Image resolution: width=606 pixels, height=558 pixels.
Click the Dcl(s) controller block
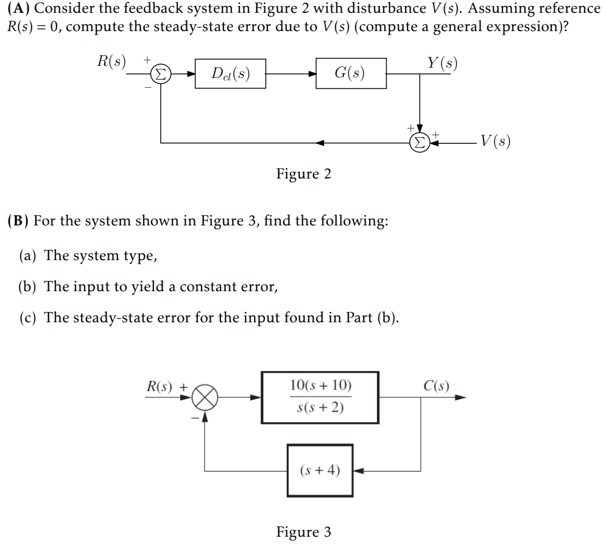pyautogui.click(x=230, y=74)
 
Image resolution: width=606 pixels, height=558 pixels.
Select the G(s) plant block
pyautogui.click(x=351, y=74)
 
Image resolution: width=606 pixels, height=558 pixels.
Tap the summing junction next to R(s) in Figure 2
pyautogui.click(x=160, y=74)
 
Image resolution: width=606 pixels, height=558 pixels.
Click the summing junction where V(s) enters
pyautogui.click(x=420, y=143)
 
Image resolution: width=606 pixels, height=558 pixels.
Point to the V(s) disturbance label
pyautogui.click(x=496, y=141)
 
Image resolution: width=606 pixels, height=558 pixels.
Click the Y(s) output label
pyautogui.click(x=442, y=63)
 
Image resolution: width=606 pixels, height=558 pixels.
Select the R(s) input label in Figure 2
pyautogui.click(x=111, y=62)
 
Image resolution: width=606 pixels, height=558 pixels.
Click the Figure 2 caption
pyautogui.click(x=303, y=174)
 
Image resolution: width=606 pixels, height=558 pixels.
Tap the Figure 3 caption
pyautogui.click(x=303, y=532)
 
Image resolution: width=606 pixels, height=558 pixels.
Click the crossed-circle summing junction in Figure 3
pyautogui.click(x=205, y=397)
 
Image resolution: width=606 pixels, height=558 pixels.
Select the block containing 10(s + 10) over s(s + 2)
pyautogui.click(x=320, y=397)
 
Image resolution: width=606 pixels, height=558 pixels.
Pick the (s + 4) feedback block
pyautogui.click(x=320, y=470)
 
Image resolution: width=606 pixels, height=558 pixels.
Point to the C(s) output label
pyautogui.click(x=436, y=386)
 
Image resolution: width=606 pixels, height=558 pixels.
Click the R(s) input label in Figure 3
pyautogui.click(x=159, y=386)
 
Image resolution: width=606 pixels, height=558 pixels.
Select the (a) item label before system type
pyautogui.click(x=27, y=256)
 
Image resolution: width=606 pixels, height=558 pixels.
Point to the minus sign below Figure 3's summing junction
pyautogui.click(x=195, y=418)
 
